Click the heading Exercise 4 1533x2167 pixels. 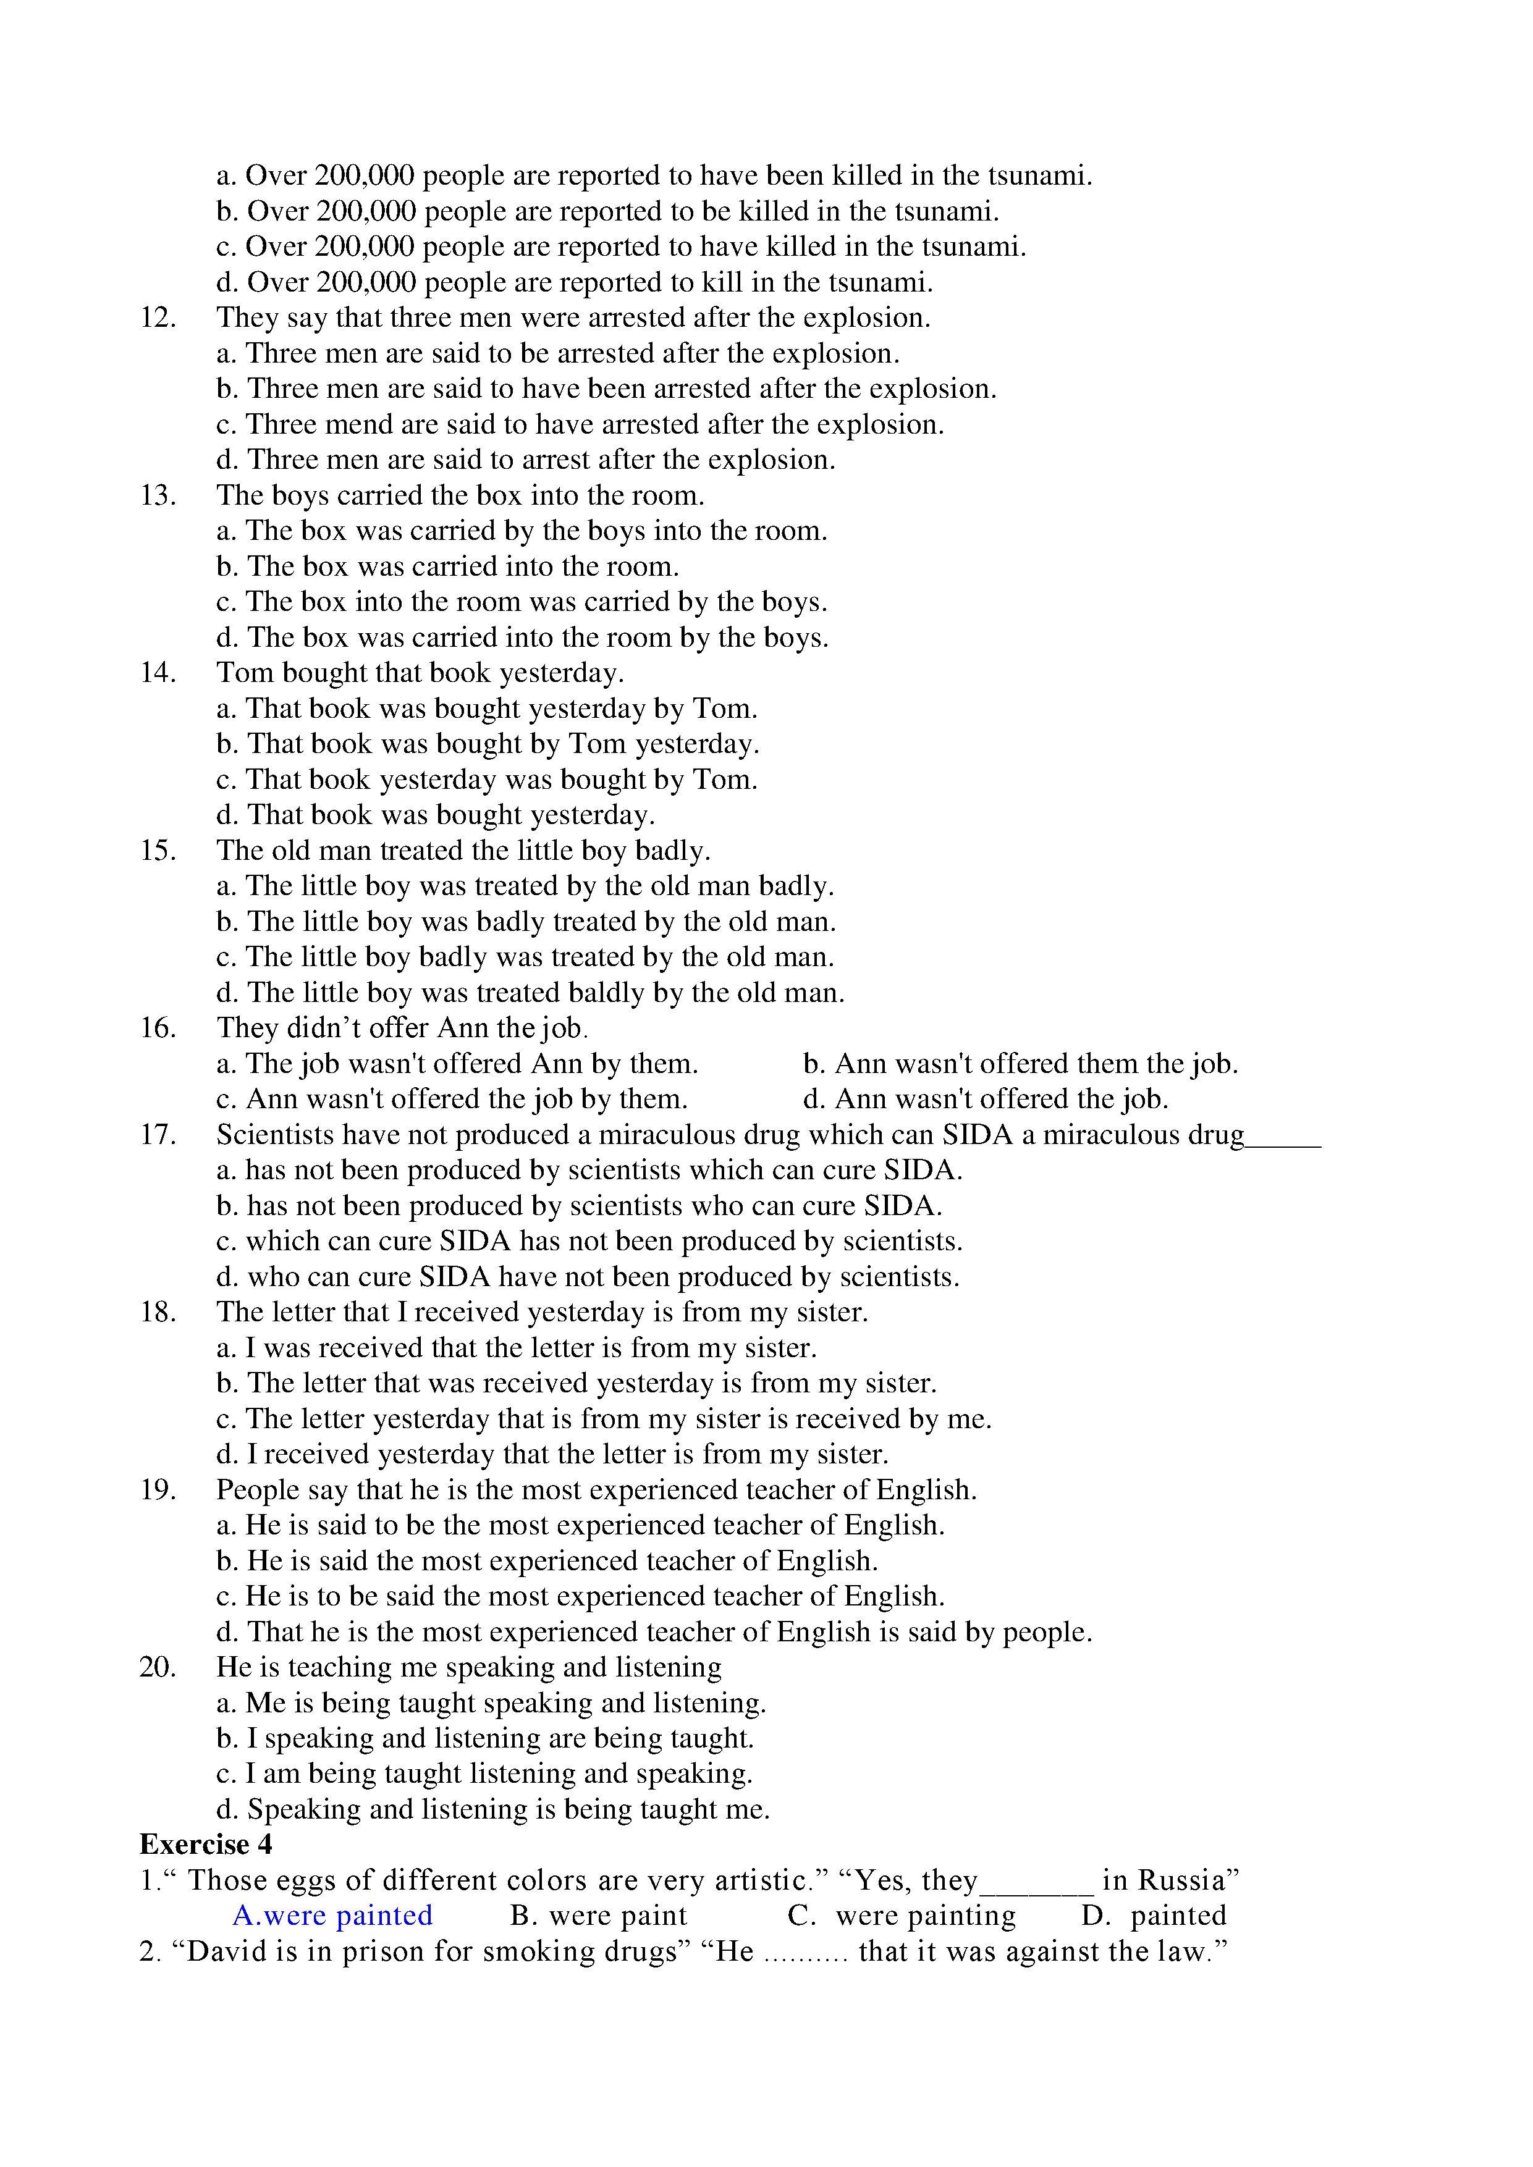(205, 1843)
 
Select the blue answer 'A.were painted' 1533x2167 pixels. (332, 1915)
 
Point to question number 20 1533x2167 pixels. (158, 1666)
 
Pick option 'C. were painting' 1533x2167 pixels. (902, 1915)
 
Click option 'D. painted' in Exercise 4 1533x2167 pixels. (1154, 1915)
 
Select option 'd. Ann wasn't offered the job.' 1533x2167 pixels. (986, 1098)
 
